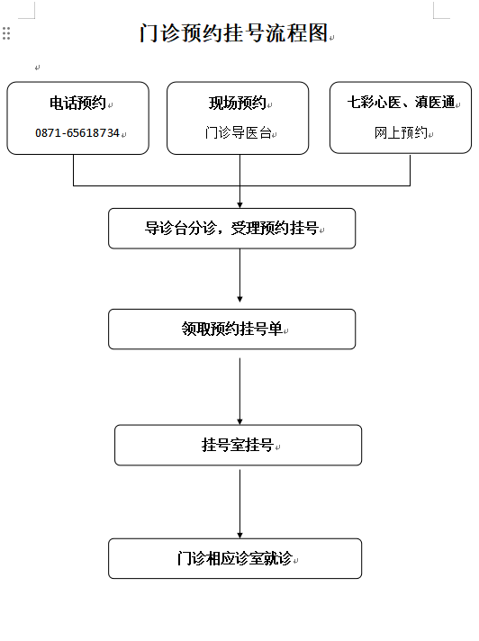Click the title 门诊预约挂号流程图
(233, 33)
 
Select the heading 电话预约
(77, 103)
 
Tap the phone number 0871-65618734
(77, 133)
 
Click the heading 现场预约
(238, 103)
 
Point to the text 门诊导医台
(239, 133)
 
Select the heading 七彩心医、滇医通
(401, 103)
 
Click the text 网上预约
(401, 132)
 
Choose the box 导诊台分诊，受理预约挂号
(231, 229)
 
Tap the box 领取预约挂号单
(231, 330)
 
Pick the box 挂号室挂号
(238, 445)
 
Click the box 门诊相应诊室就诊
(235, 558)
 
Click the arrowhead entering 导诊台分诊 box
(239, 205)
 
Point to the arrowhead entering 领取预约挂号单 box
(239, 299)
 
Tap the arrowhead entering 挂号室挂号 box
(239, 421)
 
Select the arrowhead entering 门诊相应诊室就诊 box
(239, 535)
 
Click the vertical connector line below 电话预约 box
(74, 170)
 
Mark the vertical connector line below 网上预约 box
(410, 169)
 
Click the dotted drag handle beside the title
(6, 33)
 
